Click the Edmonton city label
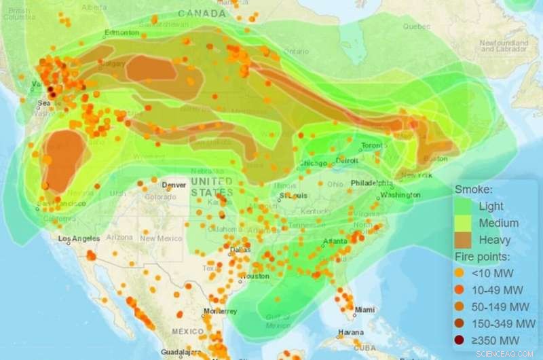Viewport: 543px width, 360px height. coord(122,32)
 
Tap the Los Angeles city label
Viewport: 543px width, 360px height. coord(79,238)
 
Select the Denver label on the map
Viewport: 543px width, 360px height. coord(175,185)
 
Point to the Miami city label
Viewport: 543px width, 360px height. coord(364,310)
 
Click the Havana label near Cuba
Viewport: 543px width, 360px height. coord(352,332)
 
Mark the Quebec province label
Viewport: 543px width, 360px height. coord(417,27)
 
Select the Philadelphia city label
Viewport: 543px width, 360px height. coord(372,183)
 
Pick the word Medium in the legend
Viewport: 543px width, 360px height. coord(498,223)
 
